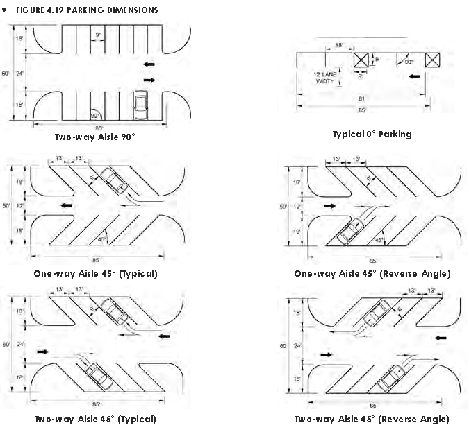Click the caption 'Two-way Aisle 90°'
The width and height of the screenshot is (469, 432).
pos(94,137)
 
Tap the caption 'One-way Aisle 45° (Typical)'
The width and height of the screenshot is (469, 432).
pos(95,273)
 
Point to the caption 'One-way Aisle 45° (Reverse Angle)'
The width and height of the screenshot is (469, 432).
pos(372,273)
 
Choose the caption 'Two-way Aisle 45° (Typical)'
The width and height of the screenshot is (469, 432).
pos(95,419)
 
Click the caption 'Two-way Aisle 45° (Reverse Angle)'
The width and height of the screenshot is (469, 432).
pos(372,419)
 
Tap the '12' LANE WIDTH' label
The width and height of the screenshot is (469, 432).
pos(324,77)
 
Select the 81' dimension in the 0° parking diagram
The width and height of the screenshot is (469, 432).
pos(361,98)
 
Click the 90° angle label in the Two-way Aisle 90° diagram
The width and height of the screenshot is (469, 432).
pos(95,115)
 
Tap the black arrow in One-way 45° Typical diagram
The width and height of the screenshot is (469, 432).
pos(67,205)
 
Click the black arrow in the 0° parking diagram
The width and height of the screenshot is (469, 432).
pos(415,76)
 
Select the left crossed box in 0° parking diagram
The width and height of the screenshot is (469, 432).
pos(361,60)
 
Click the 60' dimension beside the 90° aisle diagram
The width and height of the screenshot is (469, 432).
pos(6,73)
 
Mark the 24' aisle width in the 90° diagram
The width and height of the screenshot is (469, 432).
pos(20,73)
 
